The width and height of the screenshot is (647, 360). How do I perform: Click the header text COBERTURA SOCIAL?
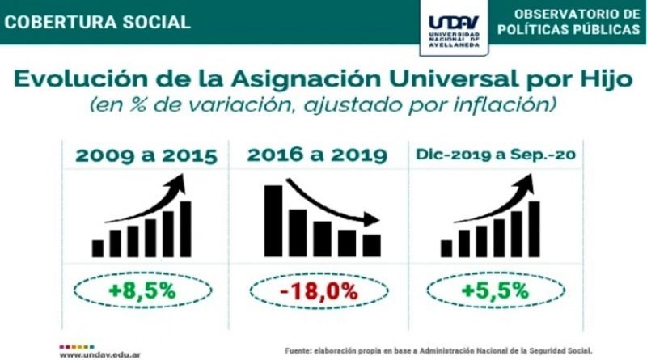tap(97, 21)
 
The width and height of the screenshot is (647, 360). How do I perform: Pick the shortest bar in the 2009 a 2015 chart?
tap(98, 248)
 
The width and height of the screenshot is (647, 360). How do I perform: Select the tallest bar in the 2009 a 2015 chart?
tap(185, 229)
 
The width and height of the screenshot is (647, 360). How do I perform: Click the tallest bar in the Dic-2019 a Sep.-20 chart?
tap(534, 229)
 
